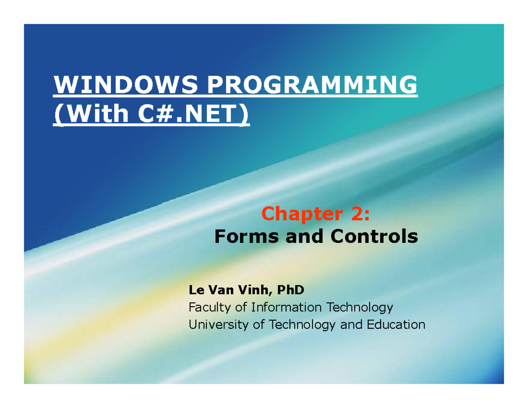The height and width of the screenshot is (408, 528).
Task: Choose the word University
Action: coord(213,325)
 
